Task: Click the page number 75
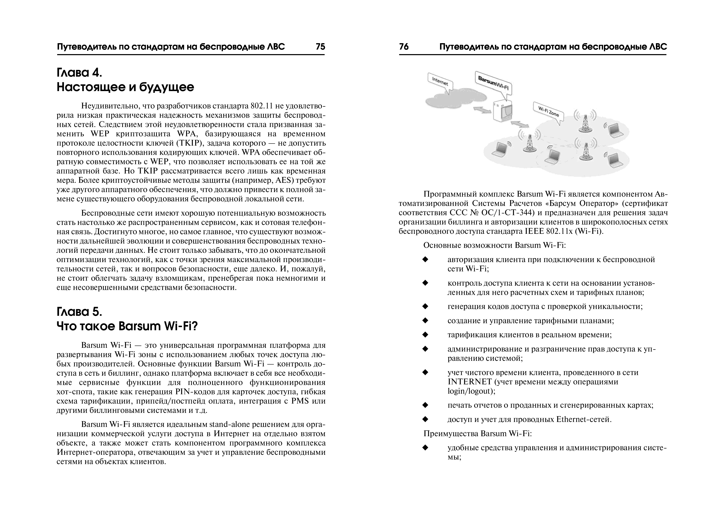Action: (x=320, y=47)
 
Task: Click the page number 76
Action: (x=404, y=47)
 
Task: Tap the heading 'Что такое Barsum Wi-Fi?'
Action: (x=127, y=326)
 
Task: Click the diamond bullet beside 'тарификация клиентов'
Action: (x=425, y=335)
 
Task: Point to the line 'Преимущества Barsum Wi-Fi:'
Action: (x=477, y=434)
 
